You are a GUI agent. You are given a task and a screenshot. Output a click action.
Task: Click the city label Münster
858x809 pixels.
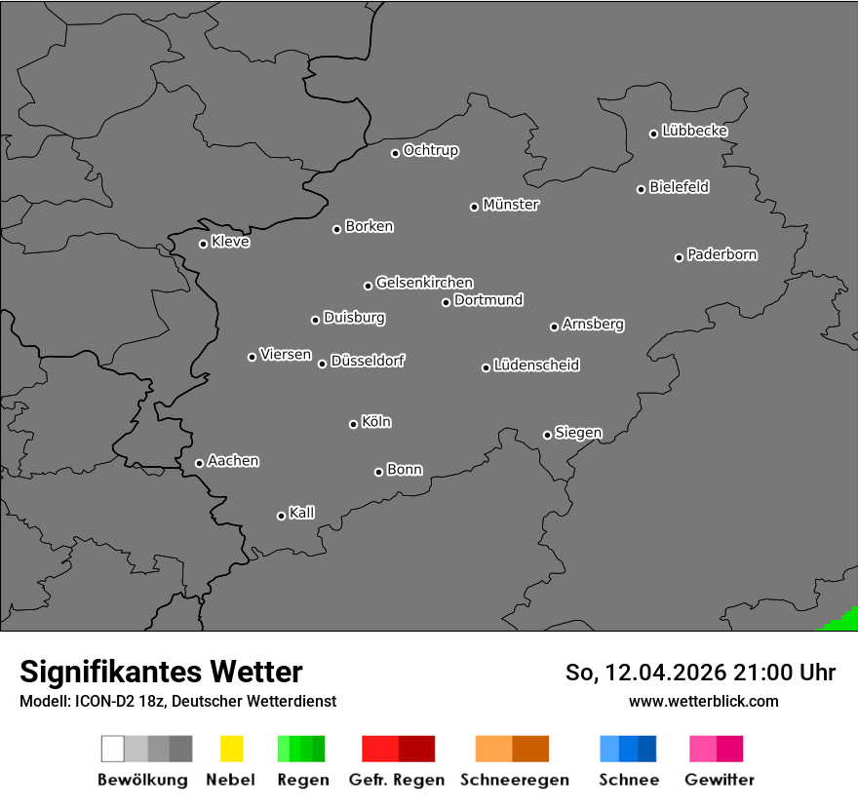[x=511, y=205]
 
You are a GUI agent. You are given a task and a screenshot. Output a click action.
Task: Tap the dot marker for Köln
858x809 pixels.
[x=353, y=424]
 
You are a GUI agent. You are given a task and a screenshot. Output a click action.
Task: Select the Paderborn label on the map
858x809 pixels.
[x=722, y=254]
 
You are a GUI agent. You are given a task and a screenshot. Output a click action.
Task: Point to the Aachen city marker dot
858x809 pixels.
[x=199, y=463]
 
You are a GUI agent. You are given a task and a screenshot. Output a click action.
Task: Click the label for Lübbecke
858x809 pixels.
[x=695, y=131]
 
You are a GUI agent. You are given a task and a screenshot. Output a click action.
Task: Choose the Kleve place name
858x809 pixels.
[x=231, y=242]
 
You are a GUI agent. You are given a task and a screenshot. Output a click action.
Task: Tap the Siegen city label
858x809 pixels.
[x=578, y=433]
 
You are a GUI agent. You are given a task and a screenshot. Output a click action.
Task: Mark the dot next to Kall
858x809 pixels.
[x=281, y=516]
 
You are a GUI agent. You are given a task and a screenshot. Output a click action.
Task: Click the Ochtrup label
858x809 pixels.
[x=431, y=150]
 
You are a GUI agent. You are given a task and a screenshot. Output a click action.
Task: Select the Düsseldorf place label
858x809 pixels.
[x=368, y=361]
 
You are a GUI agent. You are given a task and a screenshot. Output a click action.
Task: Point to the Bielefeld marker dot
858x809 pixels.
[x=641, y=189]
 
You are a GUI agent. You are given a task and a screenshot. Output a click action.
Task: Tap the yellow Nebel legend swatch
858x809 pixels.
[x=231, y=749]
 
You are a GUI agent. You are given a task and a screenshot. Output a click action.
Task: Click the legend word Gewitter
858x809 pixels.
[x=720, y=780]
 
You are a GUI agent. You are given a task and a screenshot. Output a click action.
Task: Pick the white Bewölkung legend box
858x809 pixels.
[x=113, y=749]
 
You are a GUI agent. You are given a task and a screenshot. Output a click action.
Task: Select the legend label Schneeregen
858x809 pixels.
[x=515, y=780]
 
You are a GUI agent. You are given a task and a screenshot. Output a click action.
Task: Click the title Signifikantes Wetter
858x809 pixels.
[x=161, y=672]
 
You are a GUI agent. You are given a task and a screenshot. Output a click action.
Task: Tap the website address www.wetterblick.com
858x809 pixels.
[x=703, y=701]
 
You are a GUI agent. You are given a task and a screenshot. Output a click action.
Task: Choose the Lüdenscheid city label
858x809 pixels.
[x=536, y=366]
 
